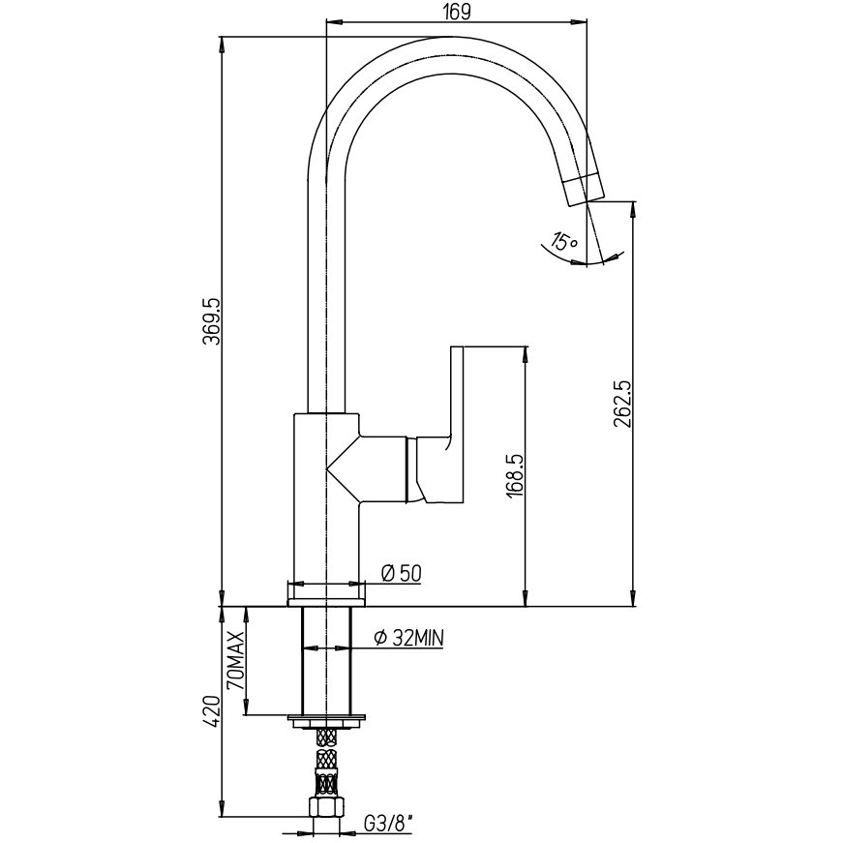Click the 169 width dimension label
(458, 12)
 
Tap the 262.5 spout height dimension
(622, 404)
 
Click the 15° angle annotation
(563, 241)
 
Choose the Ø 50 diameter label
(402, 574)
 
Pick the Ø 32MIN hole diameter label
(409, 638)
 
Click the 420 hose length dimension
(211, 712)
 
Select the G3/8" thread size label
(390, 823)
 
